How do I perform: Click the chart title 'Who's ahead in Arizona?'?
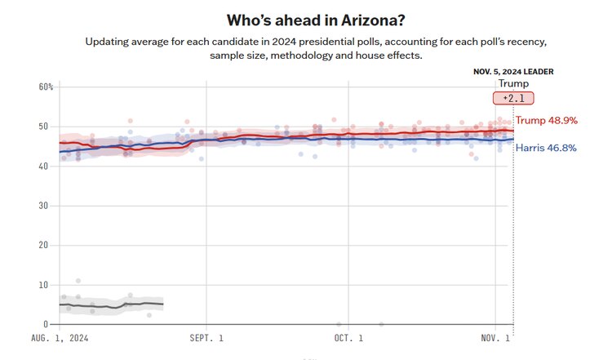pyautogui.click(x=305, y=18)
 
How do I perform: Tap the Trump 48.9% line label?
pyautogui.click(x=546, y=120)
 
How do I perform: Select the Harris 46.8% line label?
pyautogui.click(x=547, y=148)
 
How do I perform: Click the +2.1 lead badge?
pyautogui.click(x=513, y=98)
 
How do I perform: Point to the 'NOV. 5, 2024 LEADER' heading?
pyautogui.click(x=513, y=71)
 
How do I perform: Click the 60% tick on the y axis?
pyautogui.click(x=46, y=87)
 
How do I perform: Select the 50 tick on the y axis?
pyautogui.click(x=48, y=127)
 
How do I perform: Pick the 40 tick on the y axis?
pyautogui.click(x=48, y=166)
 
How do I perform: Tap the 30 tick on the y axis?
pyautogui.click(x=48, y=206)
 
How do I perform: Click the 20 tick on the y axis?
pyautogui.click(x=48, y=245)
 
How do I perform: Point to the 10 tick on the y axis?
pyautogui.click(x=48, y=285)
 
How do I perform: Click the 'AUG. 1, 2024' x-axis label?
pyautogui.click(x=60, y=337)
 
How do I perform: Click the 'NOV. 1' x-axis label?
pyautogui.click(x=495, y=337)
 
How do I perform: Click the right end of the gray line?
pyautogui.click(x=162, y=304)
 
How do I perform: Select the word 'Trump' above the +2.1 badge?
pyautogui.click(x=513, y=83)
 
